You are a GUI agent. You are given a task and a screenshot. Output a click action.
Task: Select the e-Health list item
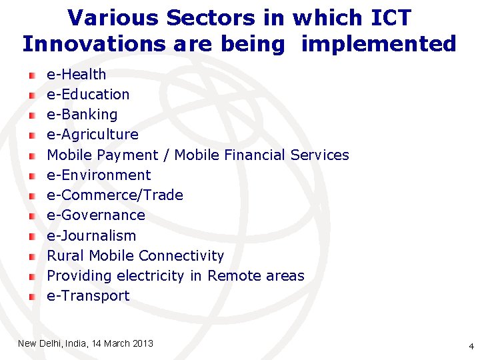[x=76, y=74]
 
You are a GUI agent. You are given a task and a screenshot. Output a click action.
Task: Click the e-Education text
[x=88, y=94]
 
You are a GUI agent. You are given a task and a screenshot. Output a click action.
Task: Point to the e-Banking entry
[x=82, y=114]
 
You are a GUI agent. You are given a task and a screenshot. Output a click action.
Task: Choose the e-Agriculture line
[x=93, y=134]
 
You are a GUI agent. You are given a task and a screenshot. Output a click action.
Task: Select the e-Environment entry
[x=99, y=175]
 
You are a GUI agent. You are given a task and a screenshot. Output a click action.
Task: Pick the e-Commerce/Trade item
[x=115, y=195]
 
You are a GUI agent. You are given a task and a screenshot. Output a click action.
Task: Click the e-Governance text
[x=96, y=215]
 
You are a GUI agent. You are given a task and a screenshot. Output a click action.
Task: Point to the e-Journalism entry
[x=91, y=235]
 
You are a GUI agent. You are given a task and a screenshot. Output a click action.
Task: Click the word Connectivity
[x=184, y=255]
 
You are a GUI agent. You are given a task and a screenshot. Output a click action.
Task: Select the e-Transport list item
[x=88, y=295]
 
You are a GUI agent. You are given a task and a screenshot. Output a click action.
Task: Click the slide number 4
[x=471, y=346]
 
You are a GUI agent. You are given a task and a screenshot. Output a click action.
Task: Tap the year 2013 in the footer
[x=143, y=343]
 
